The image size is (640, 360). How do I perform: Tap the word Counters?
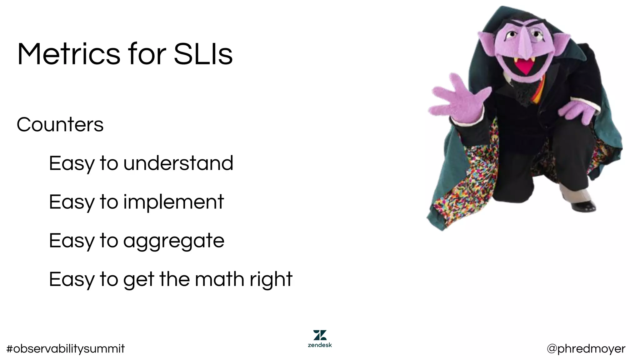point(60,125)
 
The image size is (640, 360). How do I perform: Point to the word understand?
point(178,163)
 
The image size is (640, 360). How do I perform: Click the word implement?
point(173,202)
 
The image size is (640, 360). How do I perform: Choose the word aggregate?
point(174,241)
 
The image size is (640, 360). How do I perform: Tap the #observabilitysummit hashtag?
point(65,348)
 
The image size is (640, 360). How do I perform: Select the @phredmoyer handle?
point(586,348)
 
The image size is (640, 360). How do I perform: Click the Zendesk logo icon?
point(320,335)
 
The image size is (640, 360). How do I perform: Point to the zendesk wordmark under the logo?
point(320,345)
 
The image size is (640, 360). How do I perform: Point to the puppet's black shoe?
point(584,206)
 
